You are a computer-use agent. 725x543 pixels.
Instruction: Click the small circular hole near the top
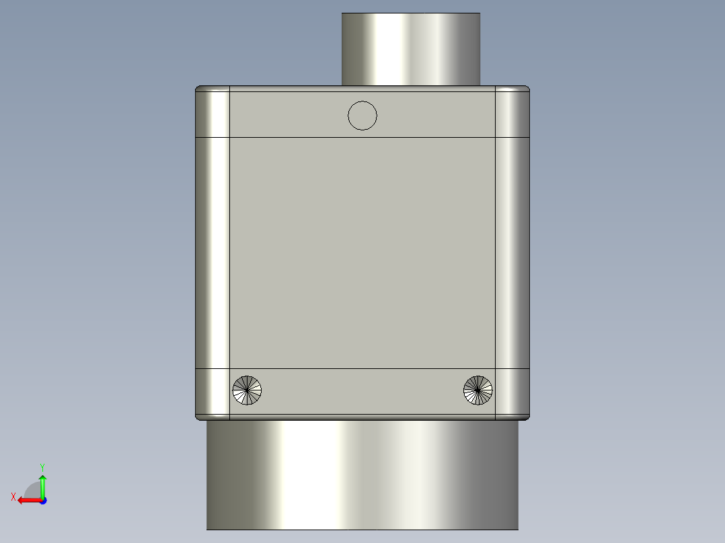point(362,116)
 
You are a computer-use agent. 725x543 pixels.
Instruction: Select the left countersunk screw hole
point(247,390)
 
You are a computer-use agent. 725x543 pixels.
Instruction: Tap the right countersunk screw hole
point(478,390)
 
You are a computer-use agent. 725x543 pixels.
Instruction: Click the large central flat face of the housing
point(362,253)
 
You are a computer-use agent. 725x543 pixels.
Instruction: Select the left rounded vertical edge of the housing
point(213,253)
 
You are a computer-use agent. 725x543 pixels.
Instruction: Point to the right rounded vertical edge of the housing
point(512,253)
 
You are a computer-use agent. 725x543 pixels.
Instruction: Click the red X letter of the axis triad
point(13,497)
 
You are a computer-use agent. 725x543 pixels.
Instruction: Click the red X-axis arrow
point(27,500)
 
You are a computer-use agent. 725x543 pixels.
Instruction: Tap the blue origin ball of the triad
point(42,500)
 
